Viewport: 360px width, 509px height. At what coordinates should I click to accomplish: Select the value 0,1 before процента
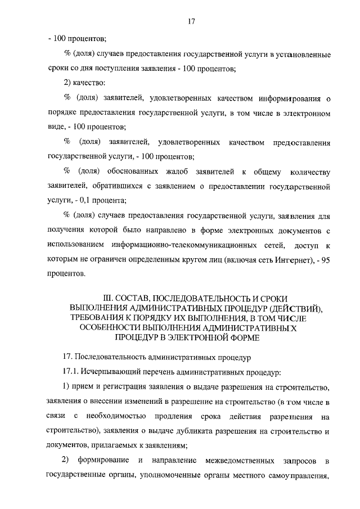coord(101,200)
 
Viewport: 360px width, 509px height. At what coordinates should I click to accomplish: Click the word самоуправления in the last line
coord(298,475)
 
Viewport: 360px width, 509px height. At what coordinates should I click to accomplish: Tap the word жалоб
coord(177,171)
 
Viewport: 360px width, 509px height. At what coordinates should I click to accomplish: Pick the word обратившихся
coord(112,186)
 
